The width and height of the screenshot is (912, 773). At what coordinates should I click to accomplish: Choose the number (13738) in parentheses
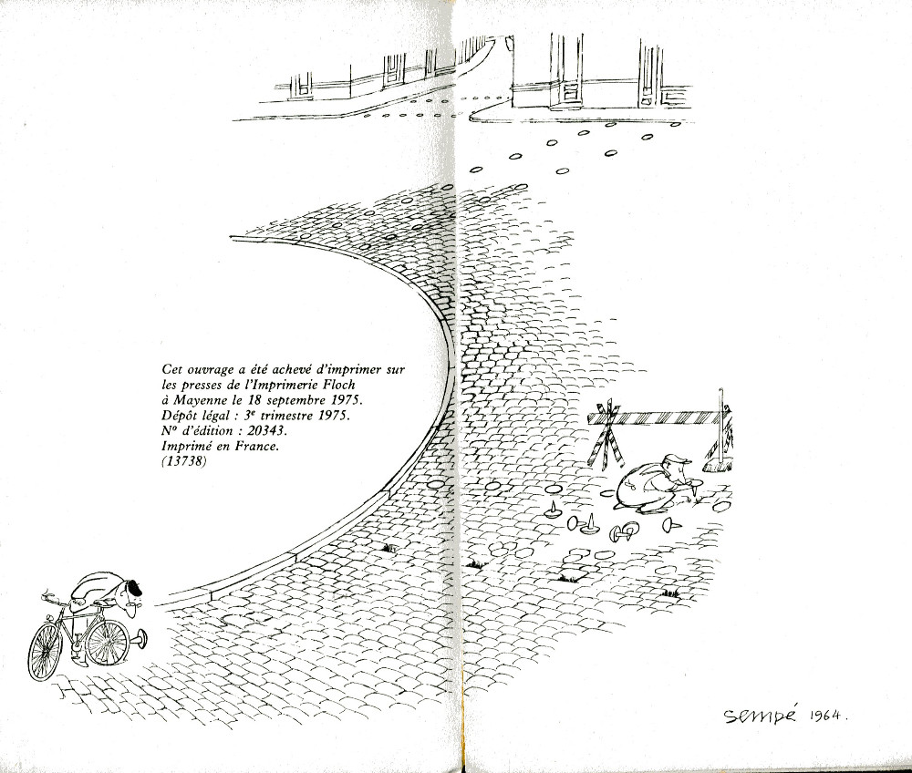184,463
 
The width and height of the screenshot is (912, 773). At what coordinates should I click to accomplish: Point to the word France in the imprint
258,448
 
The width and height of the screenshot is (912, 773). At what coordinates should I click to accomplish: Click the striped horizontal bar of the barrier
658,417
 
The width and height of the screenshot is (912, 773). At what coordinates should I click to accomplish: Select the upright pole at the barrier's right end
721,426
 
